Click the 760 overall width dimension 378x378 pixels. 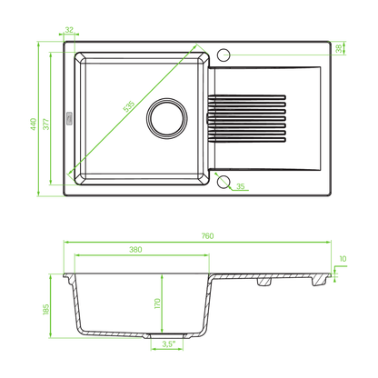[207, 235]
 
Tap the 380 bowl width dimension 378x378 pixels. [135, 249]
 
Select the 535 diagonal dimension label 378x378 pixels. [129, 106]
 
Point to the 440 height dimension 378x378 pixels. [34, 124]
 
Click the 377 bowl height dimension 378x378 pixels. [45, 124]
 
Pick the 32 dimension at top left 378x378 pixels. [69, 30]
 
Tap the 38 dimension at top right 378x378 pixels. [339, 48]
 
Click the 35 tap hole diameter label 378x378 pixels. [240, 186]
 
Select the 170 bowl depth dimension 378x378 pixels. [157, 303]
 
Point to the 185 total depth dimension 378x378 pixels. [46, 309]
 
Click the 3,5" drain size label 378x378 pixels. [168, 343]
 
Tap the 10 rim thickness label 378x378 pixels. [343, 259]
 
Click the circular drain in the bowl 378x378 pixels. [167, 118]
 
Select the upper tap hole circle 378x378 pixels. [224, 55]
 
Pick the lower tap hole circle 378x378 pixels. [224, 182]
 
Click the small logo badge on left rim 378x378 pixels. [69, 118]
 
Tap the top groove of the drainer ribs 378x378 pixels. [246, 97]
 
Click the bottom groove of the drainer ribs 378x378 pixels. [246, 140]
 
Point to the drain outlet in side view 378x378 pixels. [167, 336]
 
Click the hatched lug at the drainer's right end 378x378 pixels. [319, 281]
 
